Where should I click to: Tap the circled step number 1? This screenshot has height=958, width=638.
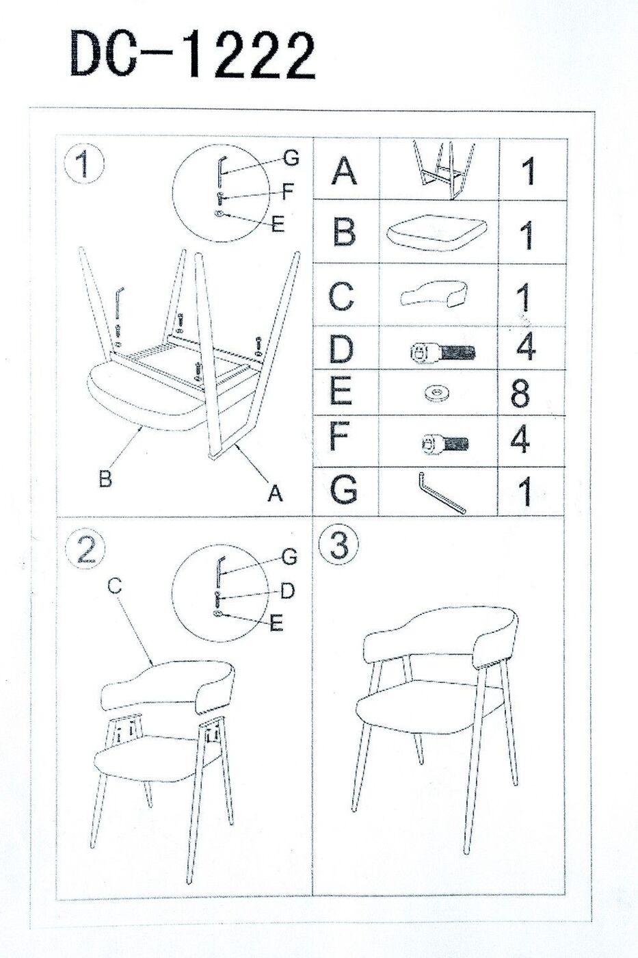83,164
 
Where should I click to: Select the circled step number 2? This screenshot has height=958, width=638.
86,549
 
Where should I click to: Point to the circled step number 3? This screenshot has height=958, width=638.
339,545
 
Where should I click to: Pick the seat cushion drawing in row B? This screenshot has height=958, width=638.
438,234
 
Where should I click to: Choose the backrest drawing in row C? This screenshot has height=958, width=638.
434,294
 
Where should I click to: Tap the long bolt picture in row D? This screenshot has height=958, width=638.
442,352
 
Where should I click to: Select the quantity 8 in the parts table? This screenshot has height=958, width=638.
521,393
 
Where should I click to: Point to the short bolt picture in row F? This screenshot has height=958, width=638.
444,443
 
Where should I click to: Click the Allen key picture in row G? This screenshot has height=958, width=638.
442,492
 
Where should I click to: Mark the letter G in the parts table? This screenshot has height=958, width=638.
343,489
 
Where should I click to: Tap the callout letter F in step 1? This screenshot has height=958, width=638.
288,192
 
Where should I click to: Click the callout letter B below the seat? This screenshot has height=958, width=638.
105,478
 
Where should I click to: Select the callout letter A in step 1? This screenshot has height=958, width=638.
275,493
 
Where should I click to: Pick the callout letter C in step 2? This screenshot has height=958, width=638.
115,586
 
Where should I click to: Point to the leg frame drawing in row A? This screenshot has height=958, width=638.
442,169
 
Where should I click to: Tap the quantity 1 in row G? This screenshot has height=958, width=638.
527,491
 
